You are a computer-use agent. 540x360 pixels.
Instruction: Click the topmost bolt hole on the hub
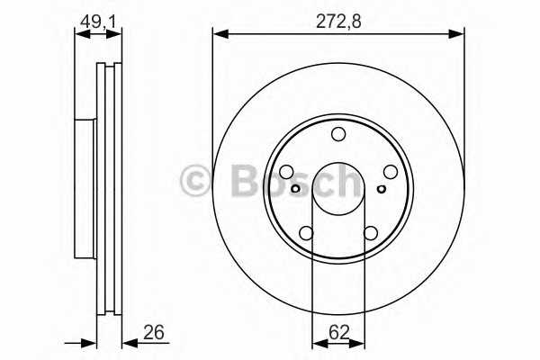coord(337,135)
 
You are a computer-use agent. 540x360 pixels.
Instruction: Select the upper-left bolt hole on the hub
coord(286,173)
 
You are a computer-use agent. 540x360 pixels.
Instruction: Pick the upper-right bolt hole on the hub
coord(390,172)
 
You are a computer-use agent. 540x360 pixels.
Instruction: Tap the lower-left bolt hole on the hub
coord(306,234)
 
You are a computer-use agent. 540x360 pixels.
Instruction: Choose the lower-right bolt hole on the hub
coord(370,234)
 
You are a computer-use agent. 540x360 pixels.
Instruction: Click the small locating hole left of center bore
coord(296,189)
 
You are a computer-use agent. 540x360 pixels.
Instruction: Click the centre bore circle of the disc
coord(337,189)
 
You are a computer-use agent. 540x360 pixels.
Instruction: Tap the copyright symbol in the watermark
coord(196,180)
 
